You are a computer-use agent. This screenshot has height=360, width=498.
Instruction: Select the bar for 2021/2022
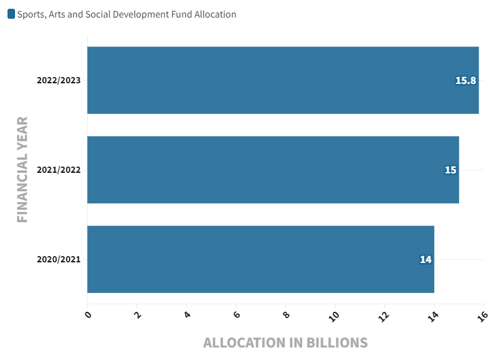[x=273, y=170]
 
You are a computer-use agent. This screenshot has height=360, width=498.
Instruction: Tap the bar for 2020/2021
[x=260, y=259]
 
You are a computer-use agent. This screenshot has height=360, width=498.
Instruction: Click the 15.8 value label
[x=465, y=80]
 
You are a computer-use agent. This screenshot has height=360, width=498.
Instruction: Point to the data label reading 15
[x=450, y=170]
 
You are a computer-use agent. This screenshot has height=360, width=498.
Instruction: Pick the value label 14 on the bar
[x=425, y=259]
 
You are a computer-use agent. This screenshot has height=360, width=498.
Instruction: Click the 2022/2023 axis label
[x=59, y=80]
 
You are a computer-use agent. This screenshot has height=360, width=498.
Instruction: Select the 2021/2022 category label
[x=59, y=170]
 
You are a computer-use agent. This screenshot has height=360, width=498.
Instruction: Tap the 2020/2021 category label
[x=59, y=259]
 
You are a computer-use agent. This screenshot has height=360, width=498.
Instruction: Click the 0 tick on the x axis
[x=88, y=314]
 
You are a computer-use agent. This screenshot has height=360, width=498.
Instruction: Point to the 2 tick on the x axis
[x=138, y=314]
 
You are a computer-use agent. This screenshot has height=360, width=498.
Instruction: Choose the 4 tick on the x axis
[x=187, y=314]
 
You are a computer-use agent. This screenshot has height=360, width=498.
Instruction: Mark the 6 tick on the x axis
[x=236, y=314]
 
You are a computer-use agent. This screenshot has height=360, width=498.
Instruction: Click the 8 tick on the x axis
[x=286, y=314]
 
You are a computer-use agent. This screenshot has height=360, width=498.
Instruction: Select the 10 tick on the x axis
[x=335, y=316]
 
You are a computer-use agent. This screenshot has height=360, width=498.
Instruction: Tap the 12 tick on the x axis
[x=384, y=316]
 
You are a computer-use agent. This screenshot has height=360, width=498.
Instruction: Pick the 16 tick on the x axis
[x=482, y=316]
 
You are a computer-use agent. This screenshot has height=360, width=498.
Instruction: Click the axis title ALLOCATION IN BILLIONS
[x=285, y=343]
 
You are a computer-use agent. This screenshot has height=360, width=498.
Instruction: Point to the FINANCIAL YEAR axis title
[x=23, y=170]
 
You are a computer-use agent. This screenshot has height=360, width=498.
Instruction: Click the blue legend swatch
[x=11, y=14]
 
